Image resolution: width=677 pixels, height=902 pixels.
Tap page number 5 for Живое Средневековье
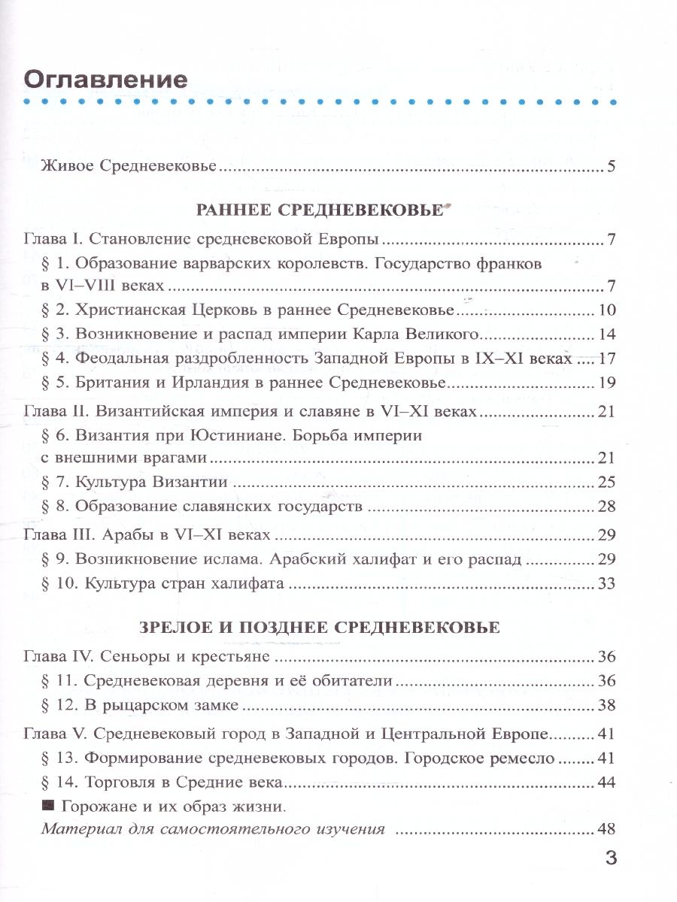612,166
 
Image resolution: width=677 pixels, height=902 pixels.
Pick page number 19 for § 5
607,383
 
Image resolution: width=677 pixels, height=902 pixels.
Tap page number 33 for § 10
607,583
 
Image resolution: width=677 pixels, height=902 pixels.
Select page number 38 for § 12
607,705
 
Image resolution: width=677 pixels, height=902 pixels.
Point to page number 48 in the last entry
607,830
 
